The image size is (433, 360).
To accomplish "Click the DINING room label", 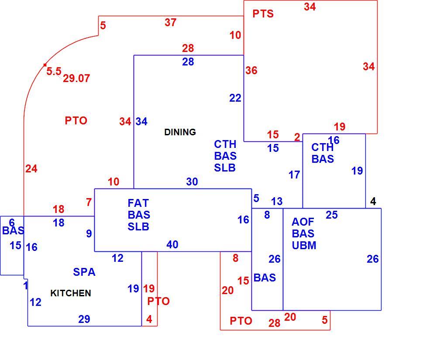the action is pyautogui.click(x=180, y=132).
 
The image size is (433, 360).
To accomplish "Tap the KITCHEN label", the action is pyautogui.click(x=71, y=293).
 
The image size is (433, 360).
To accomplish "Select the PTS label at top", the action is pyautogui.click(x=263, y=14).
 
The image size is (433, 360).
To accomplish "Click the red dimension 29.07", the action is pyautogui.click(x=76, y=79).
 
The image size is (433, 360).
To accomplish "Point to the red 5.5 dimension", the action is pyautogui.click(x=54, y=71).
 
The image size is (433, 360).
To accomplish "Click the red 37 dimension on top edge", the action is pyautogui.click(x=170, y=22).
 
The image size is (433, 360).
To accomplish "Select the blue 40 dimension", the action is pyautogui.click(x=172, y=244).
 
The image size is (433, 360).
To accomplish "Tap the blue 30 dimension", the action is pyautogui.click(x=192, y=182).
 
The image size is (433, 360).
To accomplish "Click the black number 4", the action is pyautogui.click(x=373, y=201).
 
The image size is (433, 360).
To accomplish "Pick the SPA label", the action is pyautogui.click(x=84, y=272).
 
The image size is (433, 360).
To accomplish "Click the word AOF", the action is pyautogui.click(x=302, y=222).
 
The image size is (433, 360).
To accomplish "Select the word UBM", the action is pyautogui.click(x=304, y=245).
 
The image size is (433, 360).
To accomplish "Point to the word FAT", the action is pyautogui.click(x=138, y=203).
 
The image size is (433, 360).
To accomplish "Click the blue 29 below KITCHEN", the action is pyautogui.click(x=84, y=319).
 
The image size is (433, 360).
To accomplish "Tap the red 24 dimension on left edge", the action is pyautogui.click(x=31, y=169).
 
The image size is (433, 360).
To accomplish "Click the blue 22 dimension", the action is pyautogui.click(x=235, y=98).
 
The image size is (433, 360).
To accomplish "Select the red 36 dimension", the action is pyautogui.click(x=251, y=70).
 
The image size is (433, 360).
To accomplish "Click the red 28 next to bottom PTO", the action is pyautogui.click(x=274, y=323).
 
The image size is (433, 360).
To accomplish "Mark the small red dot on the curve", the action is pyautogui.click(x=45, y=65).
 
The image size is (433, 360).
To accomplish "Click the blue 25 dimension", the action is pyautogui.click(x=332, y=215).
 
